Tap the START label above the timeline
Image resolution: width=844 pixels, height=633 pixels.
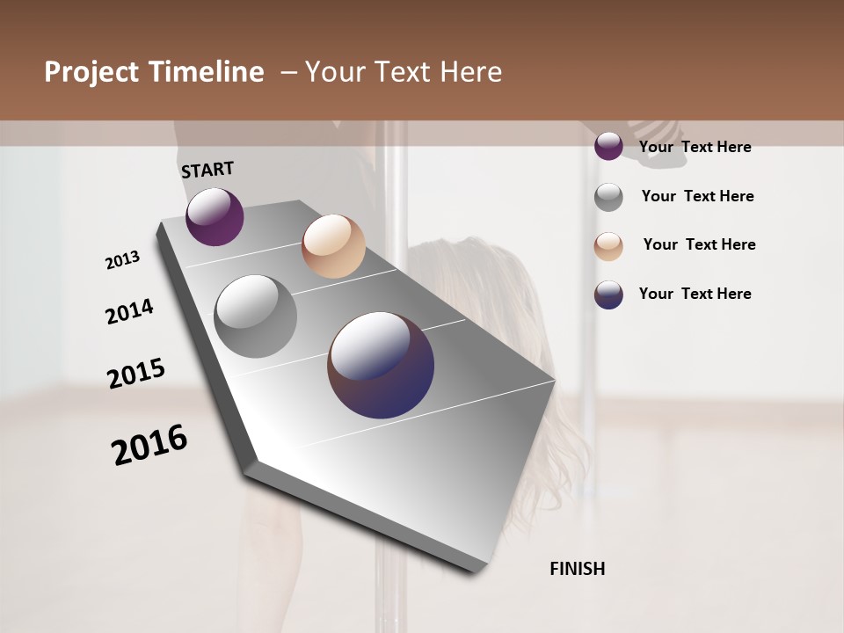[207, 170]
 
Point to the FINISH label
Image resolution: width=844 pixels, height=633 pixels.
[577, 569]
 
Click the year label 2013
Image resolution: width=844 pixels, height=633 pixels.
[123, 260]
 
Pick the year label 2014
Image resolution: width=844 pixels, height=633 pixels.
[129, 311]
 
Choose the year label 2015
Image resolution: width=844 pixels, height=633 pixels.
[136, 374]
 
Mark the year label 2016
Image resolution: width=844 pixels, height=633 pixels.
[149, 445]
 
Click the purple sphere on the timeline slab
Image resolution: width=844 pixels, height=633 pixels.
[215, 216]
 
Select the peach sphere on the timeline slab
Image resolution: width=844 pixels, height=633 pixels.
[333, 246]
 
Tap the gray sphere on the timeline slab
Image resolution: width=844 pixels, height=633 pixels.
[256, 316]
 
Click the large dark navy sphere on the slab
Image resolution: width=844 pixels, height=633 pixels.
[381, 365]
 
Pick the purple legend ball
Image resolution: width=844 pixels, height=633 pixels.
[608, 146]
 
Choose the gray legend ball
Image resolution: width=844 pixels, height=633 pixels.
[608, 197]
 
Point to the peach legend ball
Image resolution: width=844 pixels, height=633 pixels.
[608, 246]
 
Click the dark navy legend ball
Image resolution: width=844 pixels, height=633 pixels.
[608, 295]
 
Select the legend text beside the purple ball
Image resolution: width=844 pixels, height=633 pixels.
[695, 147]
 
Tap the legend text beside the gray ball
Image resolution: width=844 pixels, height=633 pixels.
[697, 196]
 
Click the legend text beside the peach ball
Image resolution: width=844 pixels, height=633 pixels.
[699, 244]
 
